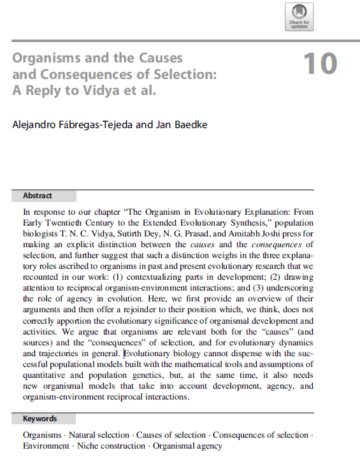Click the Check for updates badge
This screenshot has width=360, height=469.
(x=299, y=16)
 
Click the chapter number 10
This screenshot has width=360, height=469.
(x=320, y=64)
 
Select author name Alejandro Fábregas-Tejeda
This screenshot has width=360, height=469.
(x=65, y=124)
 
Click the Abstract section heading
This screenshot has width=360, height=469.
(x=38, y=196)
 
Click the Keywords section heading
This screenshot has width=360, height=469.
(x=40, y=419)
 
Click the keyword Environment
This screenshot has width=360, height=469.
(x=45, y=446)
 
